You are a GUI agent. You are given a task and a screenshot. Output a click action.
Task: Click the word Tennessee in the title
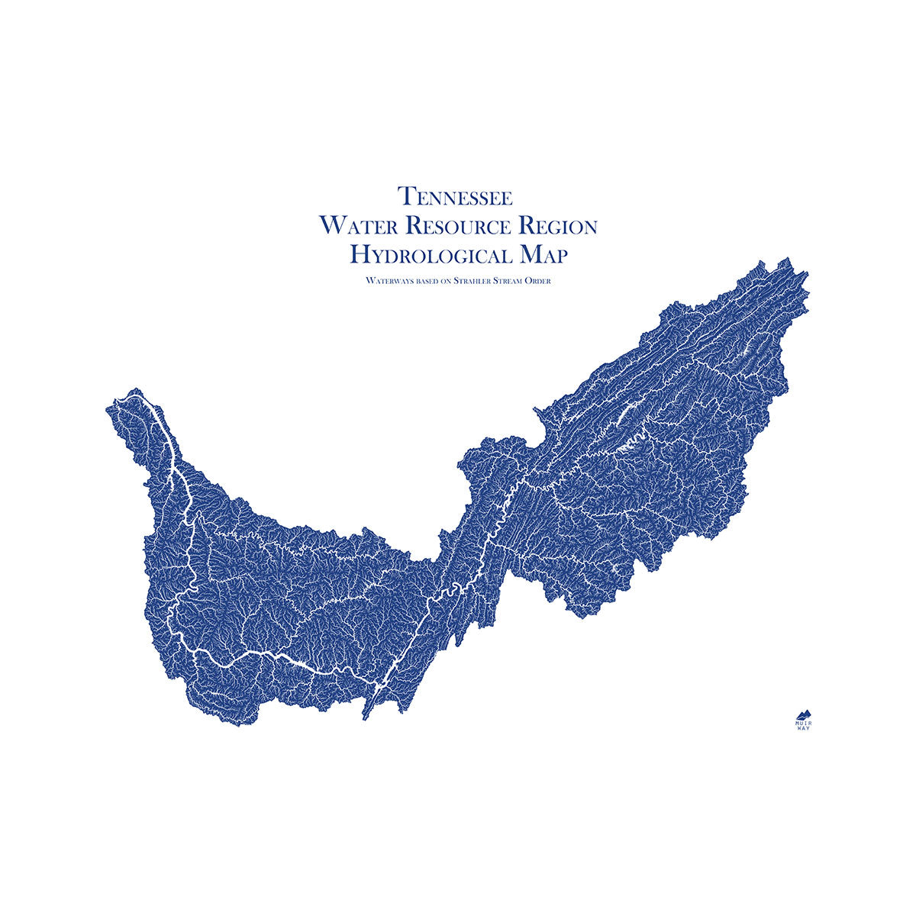[456, 196]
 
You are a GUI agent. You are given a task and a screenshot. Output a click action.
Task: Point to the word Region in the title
[558, 226]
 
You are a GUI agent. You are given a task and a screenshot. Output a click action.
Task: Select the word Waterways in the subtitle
[387, 281]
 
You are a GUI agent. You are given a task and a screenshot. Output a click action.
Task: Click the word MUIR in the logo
[803, 722]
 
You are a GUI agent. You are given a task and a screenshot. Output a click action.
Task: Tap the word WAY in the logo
[803, 728]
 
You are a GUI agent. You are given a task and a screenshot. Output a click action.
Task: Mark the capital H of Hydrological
[359, 254]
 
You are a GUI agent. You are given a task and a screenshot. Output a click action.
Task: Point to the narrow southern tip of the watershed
[365, 716]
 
